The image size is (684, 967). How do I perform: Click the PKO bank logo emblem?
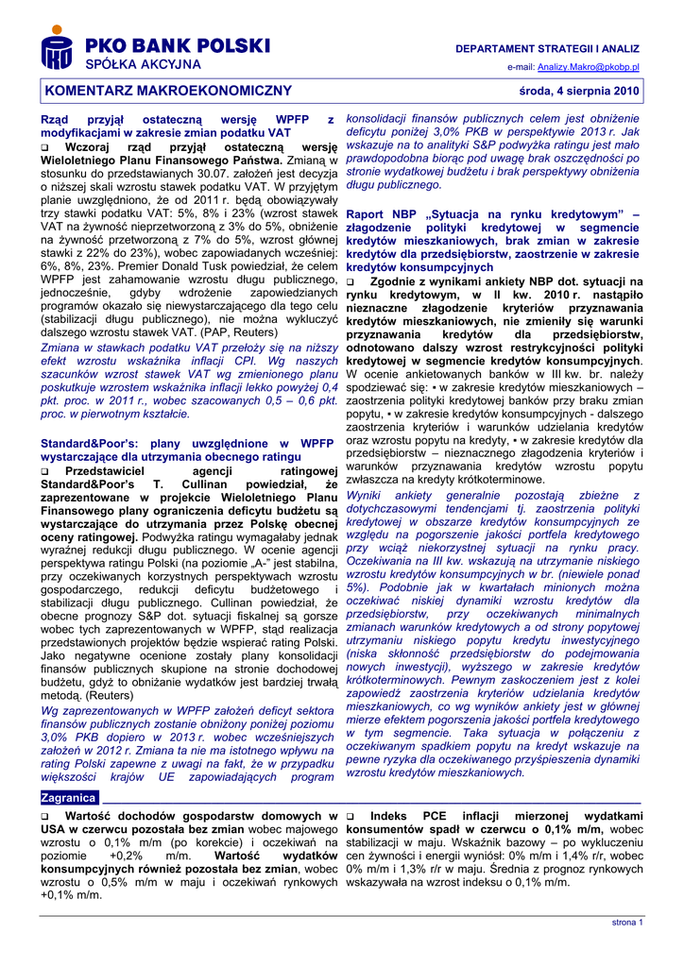[x=56, y=48]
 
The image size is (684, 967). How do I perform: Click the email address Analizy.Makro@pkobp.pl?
[x=589, y=68]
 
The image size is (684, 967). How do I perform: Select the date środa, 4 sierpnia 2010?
[x=579, y=92]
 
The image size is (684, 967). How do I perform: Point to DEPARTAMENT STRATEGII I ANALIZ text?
[x=547, y=47]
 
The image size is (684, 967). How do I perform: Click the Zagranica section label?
[x=69, y=798]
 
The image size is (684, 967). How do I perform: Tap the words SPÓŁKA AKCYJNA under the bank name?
[x=143, y=64]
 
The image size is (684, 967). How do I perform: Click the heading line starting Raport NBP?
[x=493, y=214]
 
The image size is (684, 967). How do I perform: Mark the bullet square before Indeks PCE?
[x=351, y=816]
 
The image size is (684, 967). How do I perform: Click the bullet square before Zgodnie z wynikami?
[x=351, y=282]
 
